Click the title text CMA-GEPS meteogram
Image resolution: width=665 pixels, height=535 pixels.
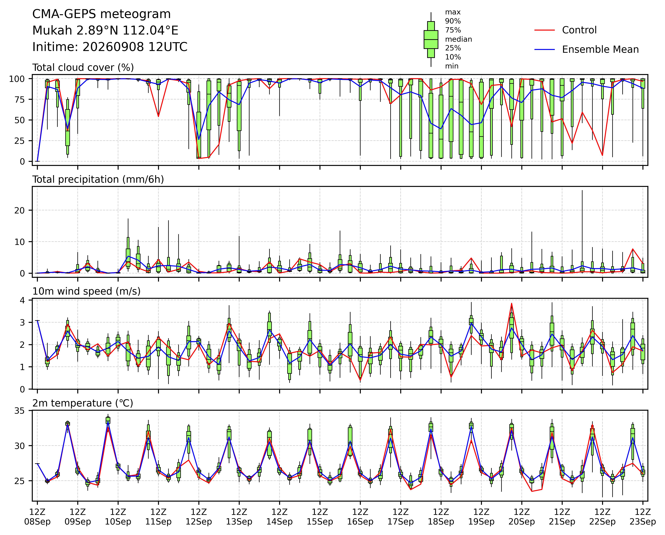101,14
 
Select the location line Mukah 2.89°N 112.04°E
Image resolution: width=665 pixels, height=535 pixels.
105,31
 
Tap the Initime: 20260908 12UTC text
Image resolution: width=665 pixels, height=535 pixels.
110,47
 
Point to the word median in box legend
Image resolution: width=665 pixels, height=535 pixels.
458,39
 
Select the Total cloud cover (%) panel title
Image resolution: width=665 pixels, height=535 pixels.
83,67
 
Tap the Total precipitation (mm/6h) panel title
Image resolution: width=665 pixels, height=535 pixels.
98,179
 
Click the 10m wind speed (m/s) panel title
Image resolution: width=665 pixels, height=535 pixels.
86,291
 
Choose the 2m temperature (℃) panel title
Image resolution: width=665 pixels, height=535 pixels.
83,403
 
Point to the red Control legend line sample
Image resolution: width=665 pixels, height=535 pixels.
545,30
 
